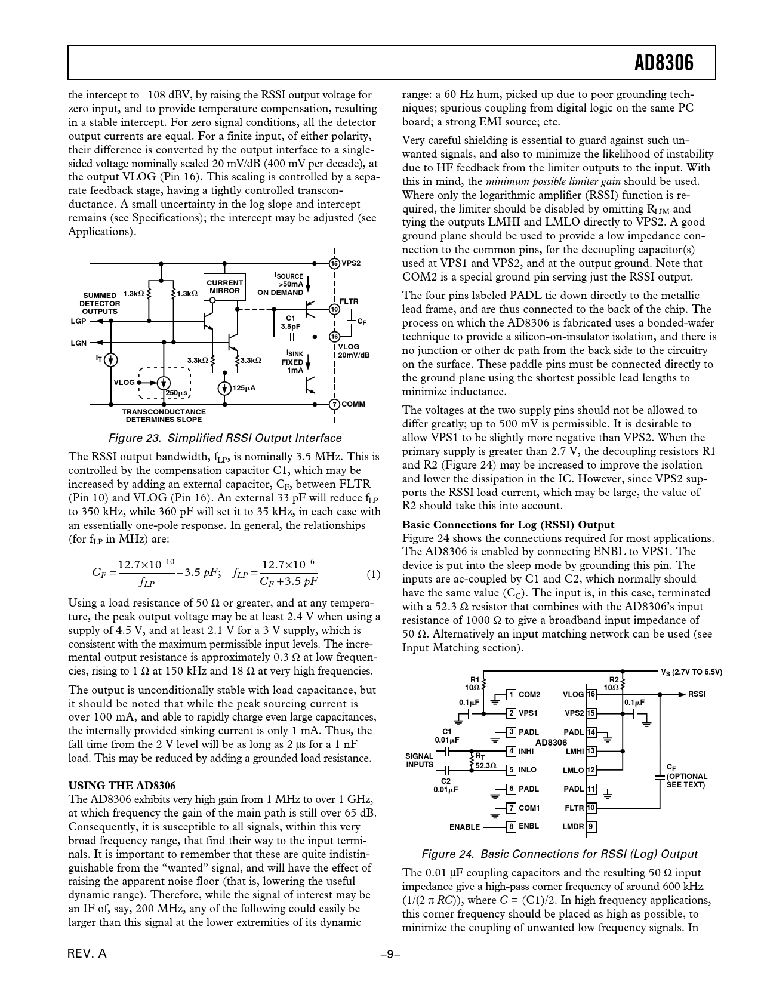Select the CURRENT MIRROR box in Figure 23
coord(224,287)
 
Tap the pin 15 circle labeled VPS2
coord(334,263)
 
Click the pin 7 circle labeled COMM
coord(334,404)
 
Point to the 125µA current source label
coord(244,388)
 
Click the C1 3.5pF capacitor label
coord(291,322)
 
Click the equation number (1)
coord(373,575)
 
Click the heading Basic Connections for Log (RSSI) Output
coord(508,525)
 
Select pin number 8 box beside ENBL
coord(511,827)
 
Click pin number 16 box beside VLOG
coord(591,694)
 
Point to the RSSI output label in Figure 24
coord(697,694)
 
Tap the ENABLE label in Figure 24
coord(464,827)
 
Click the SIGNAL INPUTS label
coord(420,761)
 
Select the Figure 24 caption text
coord(559,854)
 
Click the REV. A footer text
coord(87,953)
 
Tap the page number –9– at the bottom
coord(391,954)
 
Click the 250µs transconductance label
coord(177,393)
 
